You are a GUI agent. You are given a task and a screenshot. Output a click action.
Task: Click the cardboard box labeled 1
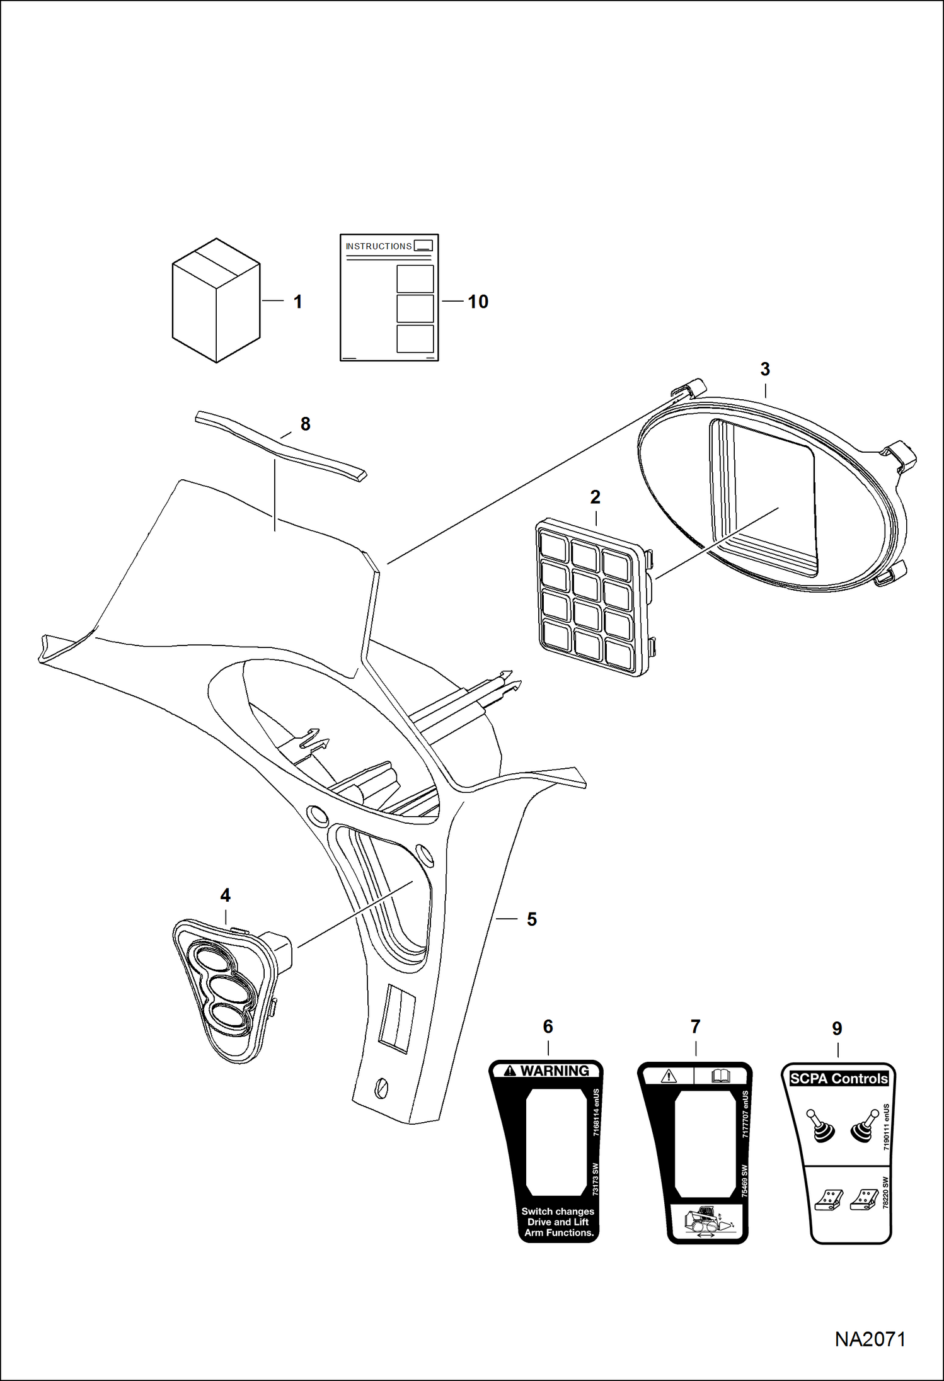click(x=216, y=300)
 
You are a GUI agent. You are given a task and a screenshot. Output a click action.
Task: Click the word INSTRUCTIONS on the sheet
click(x=378, y=246)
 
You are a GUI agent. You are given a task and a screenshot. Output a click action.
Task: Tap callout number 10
click(x=478, y=302)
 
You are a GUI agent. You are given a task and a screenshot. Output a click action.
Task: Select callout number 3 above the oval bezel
click(x=765, y=369)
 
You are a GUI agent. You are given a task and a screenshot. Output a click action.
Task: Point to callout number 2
click(x=595, y=497)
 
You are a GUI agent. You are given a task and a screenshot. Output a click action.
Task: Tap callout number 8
click(x=306, y=424)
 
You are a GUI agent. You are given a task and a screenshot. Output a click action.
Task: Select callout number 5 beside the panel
click(x=532, y=919)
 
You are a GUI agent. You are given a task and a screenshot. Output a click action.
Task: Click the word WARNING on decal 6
click(x=555, y=1071)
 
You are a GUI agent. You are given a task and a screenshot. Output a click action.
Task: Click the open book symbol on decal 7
click(x=720, y=1076)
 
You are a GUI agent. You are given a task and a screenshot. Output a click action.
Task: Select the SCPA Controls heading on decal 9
click(x=838, y=1079)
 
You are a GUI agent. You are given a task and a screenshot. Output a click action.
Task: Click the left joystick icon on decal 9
click(x=820, y=1125)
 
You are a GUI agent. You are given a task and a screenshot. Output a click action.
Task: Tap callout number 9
click(x=837, y=1028)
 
